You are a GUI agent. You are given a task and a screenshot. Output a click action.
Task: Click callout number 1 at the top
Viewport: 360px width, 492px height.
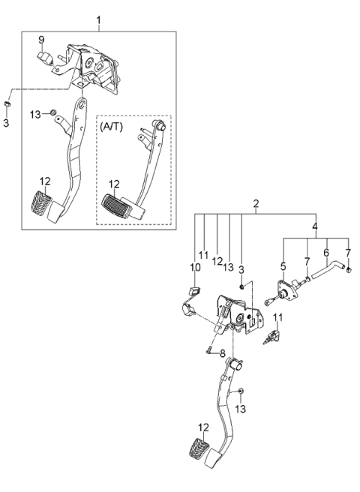click(x=97, y=18)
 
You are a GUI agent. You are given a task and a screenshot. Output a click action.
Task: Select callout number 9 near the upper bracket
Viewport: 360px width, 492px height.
click(x=42, y=40)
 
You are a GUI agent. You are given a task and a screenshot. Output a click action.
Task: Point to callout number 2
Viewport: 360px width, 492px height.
click(x=256, y=204)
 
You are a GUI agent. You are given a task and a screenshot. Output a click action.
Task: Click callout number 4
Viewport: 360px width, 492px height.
click(x=315, y=226)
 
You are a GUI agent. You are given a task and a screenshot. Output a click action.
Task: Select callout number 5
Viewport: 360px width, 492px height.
click(x=283, y=265)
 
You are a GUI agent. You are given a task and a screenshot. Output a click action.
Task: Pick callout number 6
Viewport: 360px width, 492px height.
click(x=326, y=253)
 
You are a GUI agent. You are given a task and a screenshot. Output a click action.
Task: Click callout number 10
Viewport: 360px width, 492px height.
click(x=195, y=267)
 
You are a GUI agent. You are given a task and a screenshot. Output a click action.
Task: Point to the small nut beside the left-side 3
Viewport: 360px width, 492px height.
click(x=7, y=100)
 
